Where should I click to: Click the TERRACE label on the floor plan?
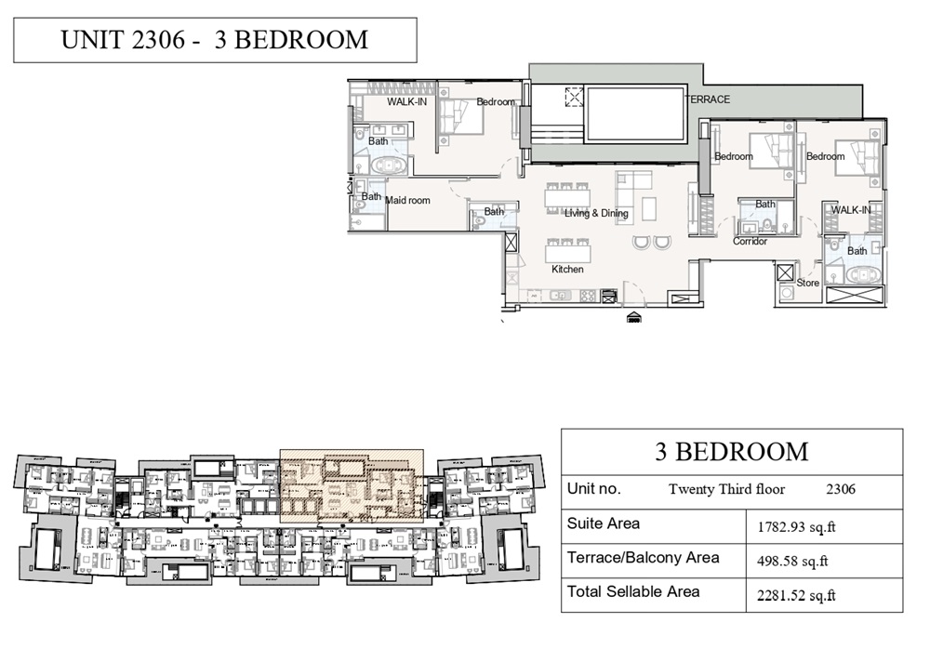pos(709,99)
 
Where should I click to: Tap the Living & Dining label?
pos(596,214)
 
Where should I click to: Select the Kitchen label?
pos(567,270)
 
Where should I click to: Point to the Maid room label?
pos(407,200)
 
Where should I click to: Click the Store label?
pos(807,283)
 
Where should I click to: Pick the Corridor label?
pos(750,242)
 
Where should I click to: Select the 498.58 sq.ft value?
pos(793,561)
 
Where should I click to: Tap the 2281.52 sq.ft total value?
pos(797,595)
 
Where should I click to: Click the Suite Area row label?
pos(604,523)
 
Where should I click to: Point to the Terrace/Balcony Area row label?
pos(643,558)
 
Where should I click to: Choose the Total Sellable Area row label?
pos(633,591)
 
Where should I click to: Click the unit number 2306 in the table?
pos(841,489)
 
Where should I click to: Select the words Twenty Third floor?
pos(726,489)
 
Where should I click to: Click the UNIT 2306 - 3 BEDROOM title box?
pos(215,40)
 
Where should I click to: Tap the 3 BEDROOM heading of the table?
pos(732,452)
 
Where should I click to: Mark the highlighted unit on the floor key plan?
pos(352,484)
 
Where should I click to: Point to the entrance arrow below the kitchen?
pos(634,317)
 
